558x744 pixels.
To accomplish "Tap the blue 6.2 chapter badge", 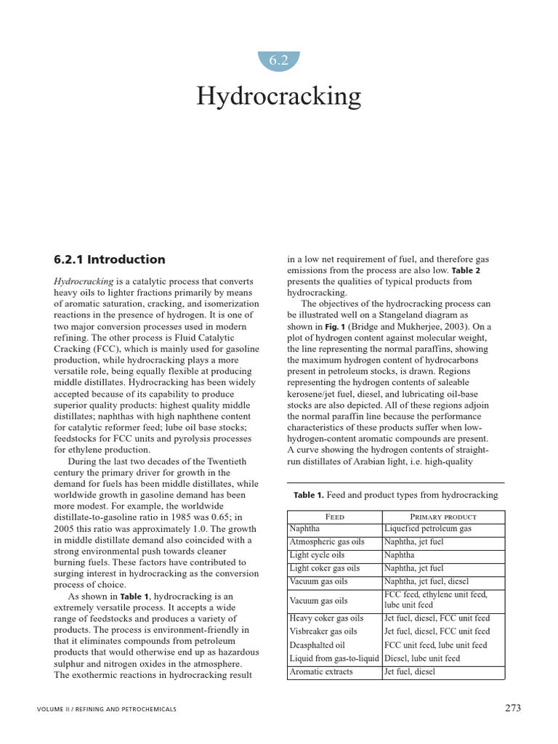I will point(279,61).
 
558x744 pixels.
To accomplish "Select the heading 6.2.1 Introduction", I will point(110,259).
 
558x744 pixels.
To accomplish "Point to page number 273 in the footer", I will point(511,708).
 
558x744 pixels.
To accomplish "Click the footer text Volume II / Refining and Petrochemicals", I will point(106,708).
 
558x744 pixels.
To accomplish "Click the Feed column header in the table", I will point(334,516).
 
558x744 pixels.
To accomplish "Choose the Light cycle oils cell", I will point(315,555).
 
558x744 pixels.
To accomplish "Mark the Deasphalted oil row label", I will point(317,645).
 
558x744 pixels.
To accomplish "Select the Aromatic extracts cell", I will point(320,672).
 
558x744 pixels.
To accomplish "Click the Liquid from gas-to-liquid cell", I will point(334,658).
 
